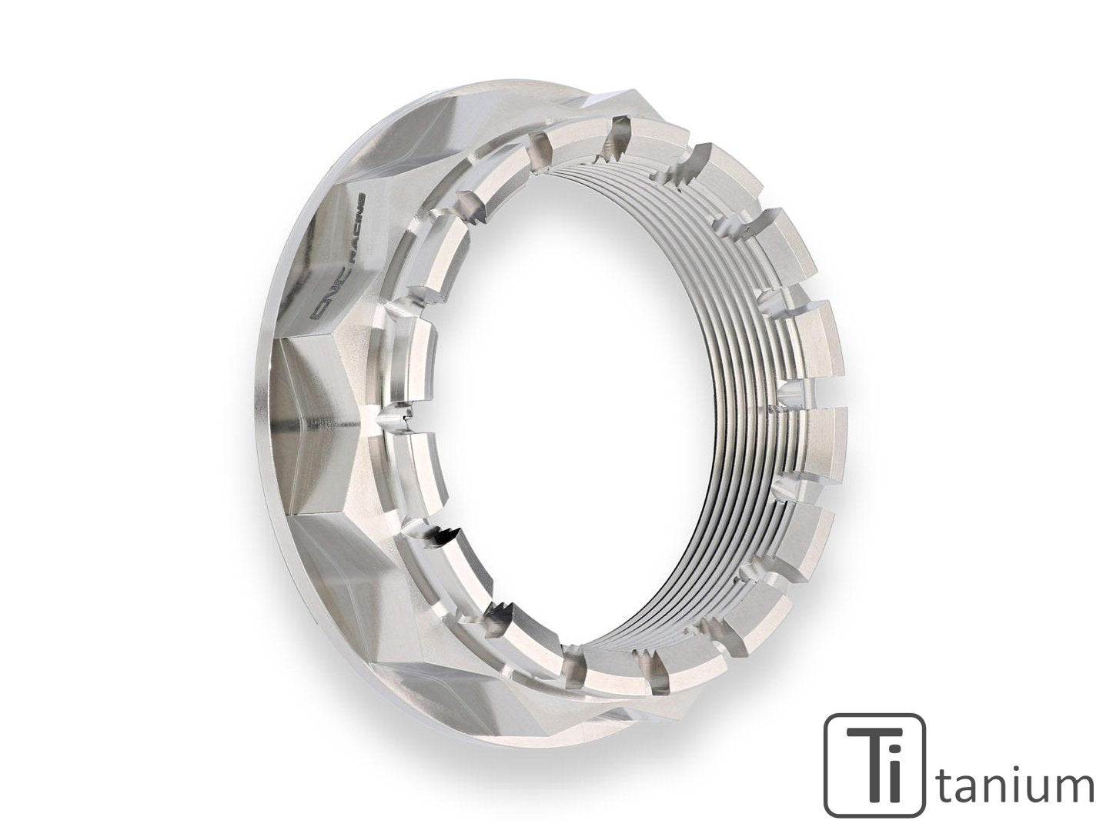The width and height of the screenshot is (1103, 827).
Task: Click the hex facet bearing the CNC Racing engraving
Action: [339, 254]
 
